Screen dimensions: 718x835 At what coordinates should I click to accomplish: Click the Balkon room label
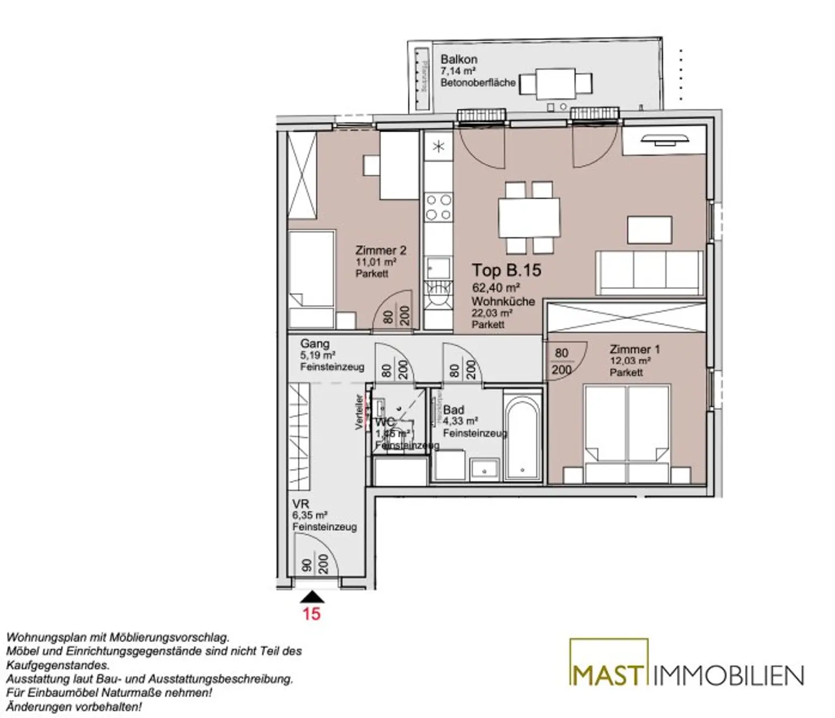point(459,59)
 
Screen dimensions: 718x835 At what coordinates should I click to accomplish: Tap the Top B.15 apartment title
point(506,270)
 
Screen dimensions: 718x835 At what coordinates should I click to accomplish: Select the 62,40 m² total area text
point(496,288)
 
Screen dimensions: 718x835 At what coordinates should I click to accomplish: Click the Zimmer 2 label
point(381,251)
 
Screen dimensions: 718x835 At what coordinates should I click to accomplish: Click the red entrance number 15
point(311,614)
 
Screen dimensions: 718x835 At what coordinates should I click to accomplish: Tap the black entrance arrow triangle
point(312,598)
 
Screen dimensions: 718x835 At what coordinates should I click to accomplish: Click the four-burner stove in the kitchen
point(438,207)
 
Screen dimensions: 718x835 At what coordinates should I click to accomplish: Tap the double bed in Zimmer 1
point(627,432)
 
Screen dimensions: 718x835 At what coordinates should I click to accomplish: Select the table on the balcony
point(555,83)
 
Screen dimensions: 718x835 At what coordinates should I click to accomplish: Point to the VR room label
point(301,504)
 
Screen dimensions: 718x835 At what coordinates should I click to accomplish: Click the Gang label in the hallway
point(315,344)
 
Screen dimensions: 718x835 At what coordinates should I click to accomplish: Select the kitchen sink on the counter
point(438,268)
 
